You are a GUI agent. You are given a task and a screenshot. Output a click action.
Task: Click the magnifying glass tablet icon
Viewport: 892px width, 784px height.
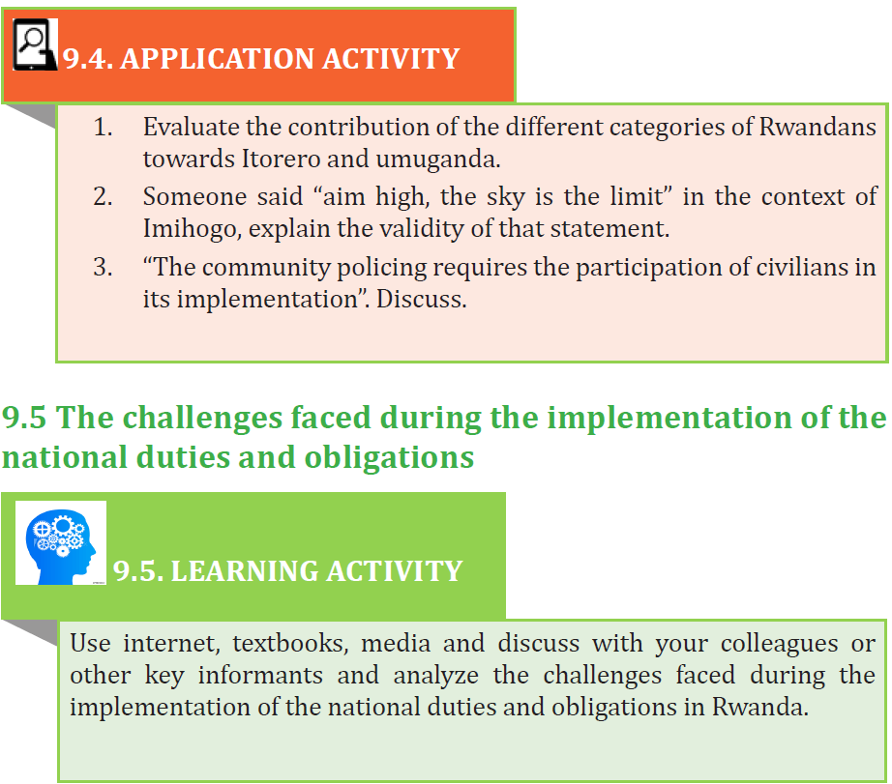35,44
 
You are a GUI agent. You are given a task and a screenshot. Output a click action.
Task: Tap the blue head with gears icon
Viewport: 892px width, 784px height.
60,543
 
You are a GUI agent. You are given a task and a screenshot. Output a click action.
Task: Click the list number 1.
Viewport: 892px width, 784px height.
103,127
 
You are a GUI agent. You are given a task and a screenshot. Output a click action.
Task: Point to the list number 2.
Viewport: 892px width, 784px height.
103,196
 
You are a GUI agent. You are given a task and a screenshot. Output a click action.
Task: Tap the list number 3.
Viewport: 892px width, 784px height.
103,267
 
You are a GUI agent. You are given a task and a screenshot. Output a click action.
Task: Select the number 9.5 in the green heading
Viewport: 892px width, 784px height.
24,418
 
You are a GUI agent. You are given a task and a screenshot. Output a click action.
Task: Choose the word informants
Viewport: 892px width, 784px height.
260,676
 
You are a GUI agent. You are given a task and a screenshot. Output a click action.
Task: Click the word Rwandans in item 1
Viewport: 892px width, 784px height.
818,127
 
